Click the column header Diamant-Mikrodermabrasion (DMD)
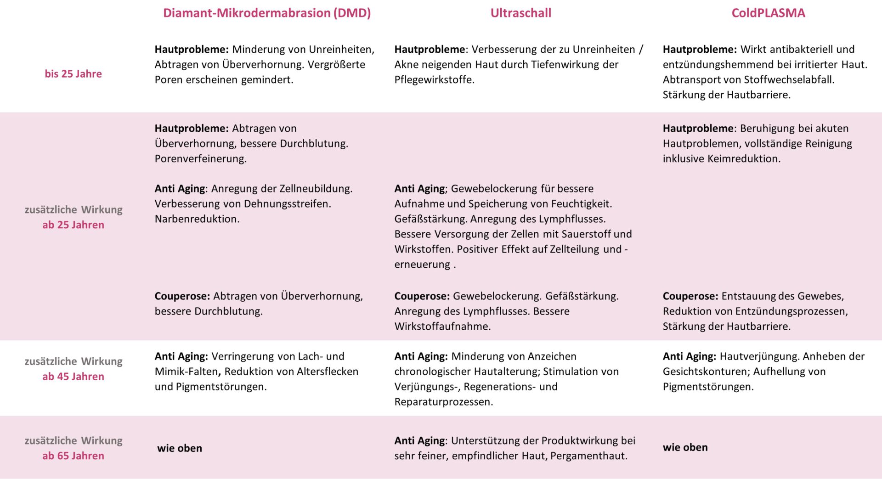(267, 13)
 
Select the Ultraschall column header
(520, 13)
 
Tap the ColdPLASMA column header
(768, 13)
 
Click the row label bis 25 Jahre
(73, 73)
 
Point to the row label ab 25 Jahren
(73, 225)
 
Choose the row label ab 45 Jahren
(73, 376)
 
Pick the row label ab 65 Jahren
(73, 456)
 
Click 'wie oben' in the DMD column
(180, 448)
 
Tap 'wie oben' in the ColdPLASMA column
(685, 447)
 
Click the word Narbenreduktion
(197, 219)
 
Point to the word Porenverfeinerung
(200, 158)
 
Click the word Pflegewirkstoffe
(434, 79)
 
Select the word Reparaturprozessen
(443, 401)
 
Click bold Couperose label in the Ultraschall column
(422, 296)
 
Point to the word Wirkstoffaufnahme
(442, 326)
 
